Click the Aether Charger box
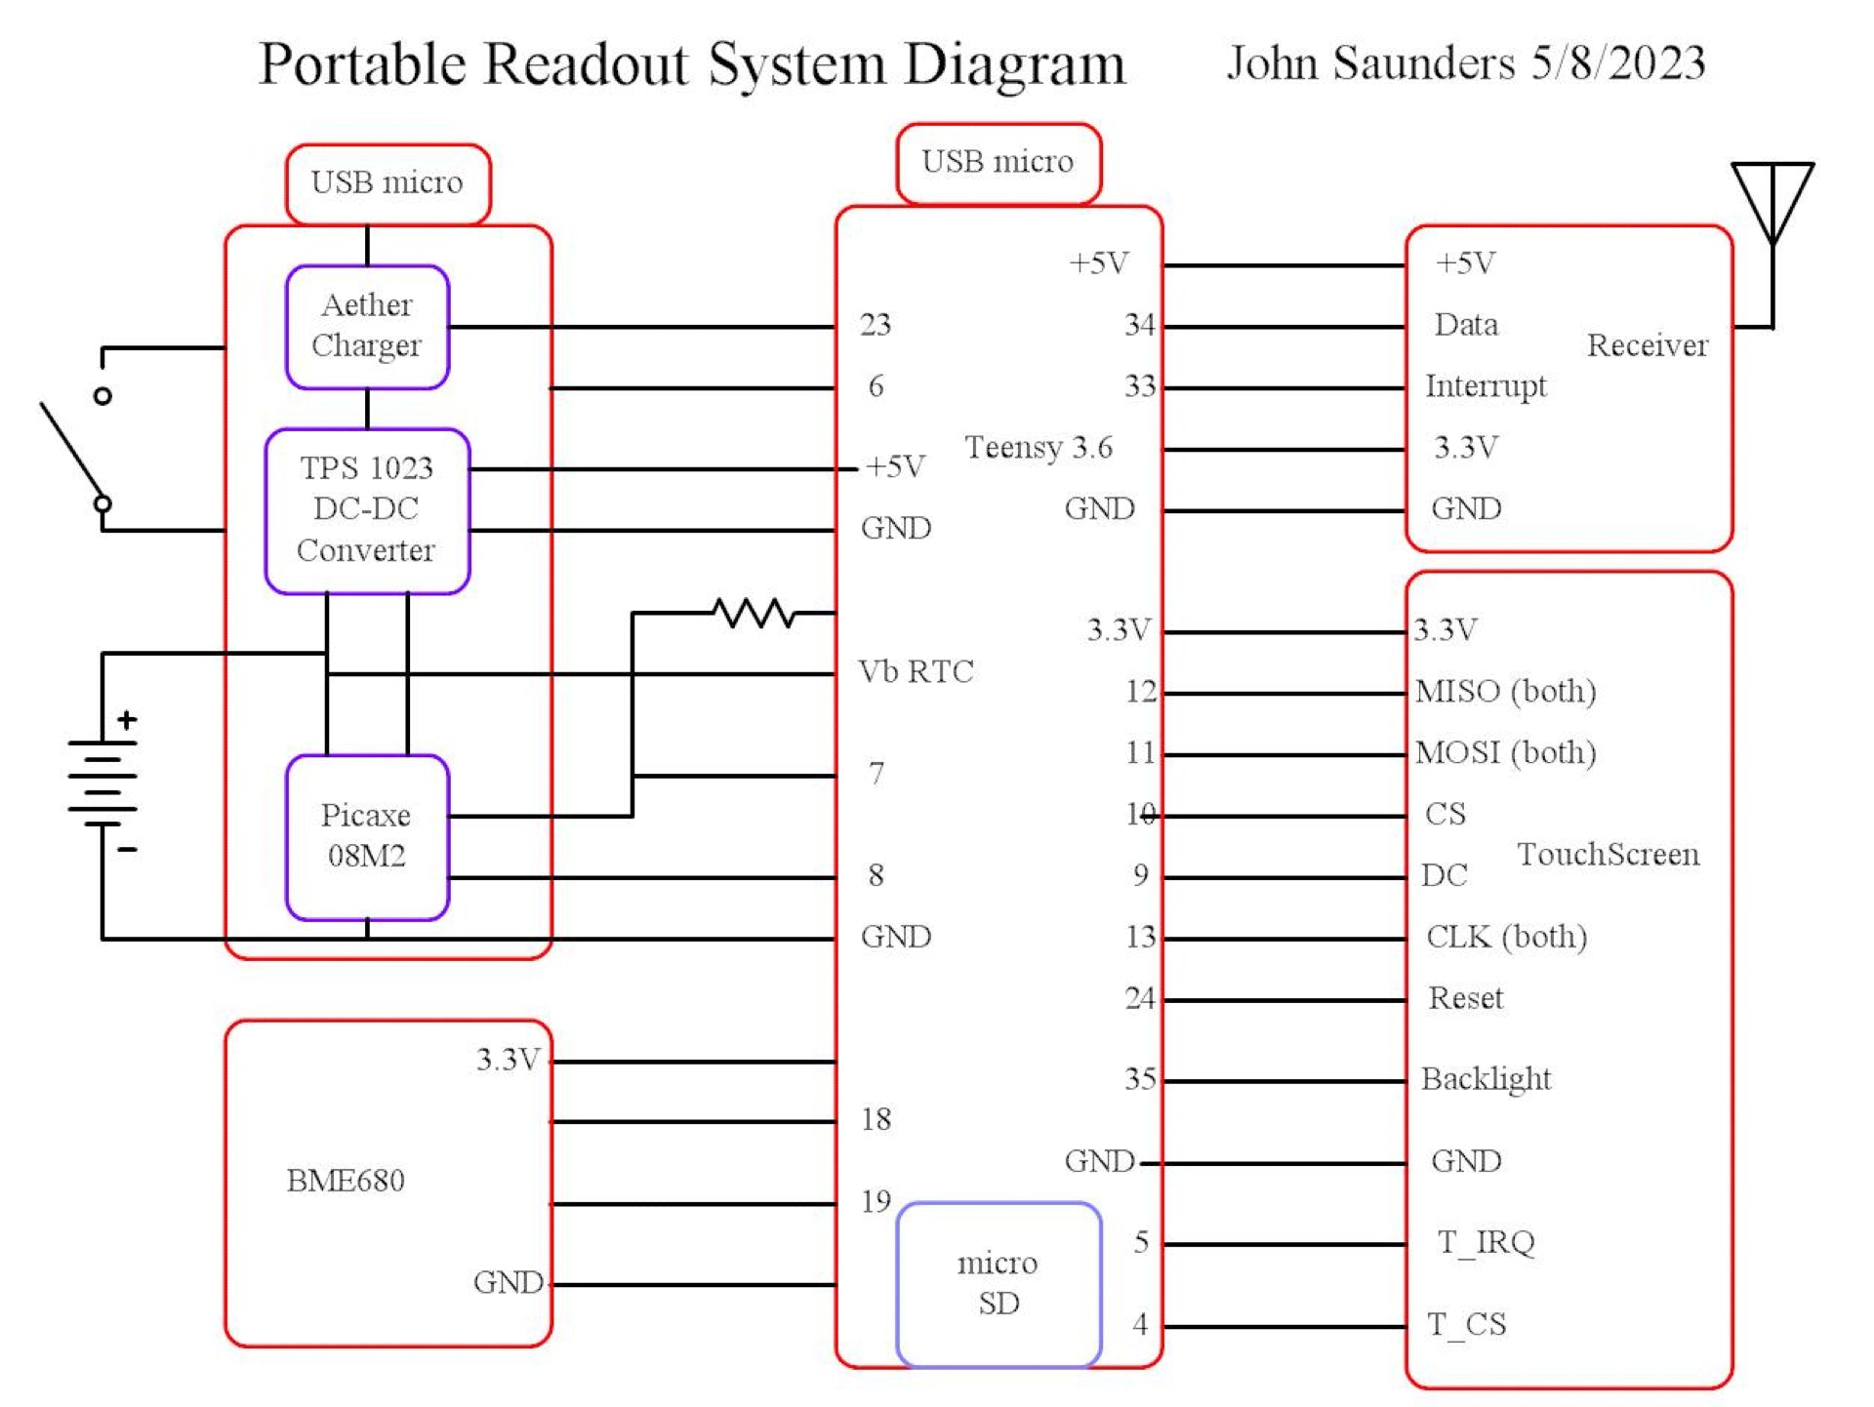pos(367,326)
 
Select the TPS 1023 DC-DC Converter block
pos(367,509)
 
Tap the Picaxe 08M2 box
pos(367,835)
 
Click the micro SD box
pos(998,1282)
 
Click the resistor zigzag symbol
pos(754,613)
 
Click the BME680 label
pos(346,1181)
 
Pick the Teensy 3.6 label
pos(1039,447)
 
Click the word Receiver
pos(1647,345)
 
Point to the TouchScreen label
pos(1608,855)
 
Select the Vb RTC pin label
pos(916,671)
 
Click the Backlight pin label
pos(1486,1079)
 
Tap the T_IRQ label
pos(1486,1242)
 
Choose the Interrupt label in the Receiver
pos(1486,386)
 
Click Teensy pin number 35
pos(1140,1079)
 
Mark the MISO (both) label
pos(1505,691)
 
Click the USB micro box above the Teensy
pos(998,162)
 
